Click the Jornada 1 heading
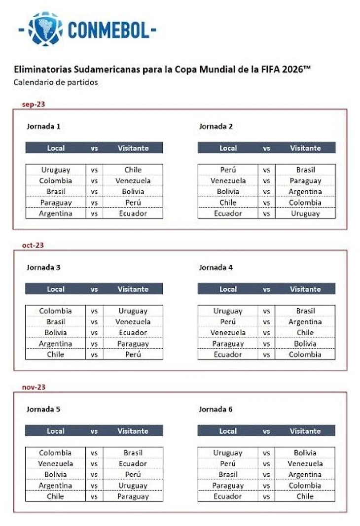pos(43,127)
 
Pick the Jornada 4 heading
pos(216,268)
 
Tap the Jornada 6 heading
pos(216,409)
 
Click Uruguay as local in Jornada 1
pos(56,170)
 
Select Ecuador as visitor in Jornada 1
pos(133,213)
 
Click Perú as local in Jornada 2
pos(228,170)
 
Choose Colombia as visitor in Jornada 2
pos(305,203)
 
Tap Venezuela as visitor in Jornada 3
pos(133,322)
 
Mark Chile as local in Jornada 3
pos(56,354)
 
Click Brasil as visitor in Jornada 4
pos(305,311)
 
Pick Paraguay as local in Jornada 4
pos(228,344)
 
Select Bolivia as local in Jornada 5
pos(56,474)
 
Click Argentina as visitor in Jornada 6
pos(305,474)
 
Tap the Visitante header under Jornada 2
pos(305,148)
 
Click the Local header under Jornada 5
pos(56,431)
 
